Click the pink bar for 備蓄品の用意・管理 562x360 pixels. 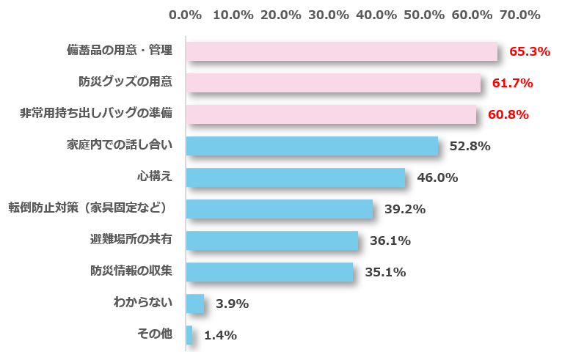pos(341,51)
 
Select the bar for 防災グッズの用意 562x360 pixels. pos(333,83)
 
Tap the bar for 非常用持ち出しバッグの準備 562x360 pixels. pos(331,114)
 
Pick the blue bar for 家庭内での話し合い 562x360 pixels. pos(312,146)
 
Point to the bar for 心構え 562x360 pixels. pos(295,177)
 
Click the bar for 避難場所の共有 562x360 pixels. pos(271,240)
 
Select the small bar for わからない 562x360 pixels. pos(194,304)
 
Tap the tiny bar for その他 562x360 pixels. pos(189,335)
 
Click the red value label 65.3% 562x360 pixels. pos(529,51)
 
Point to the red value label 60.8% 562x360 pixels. pos(508,114)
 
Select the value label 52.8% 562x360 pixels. pos(470,146)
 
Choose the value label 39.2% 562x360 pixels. pos(405,209)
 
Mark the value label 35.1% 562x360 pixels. pos(385,272)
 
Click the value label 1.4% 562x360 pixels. pos(220,335)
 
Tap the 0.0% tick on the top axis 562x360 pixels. pos(185,15)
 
